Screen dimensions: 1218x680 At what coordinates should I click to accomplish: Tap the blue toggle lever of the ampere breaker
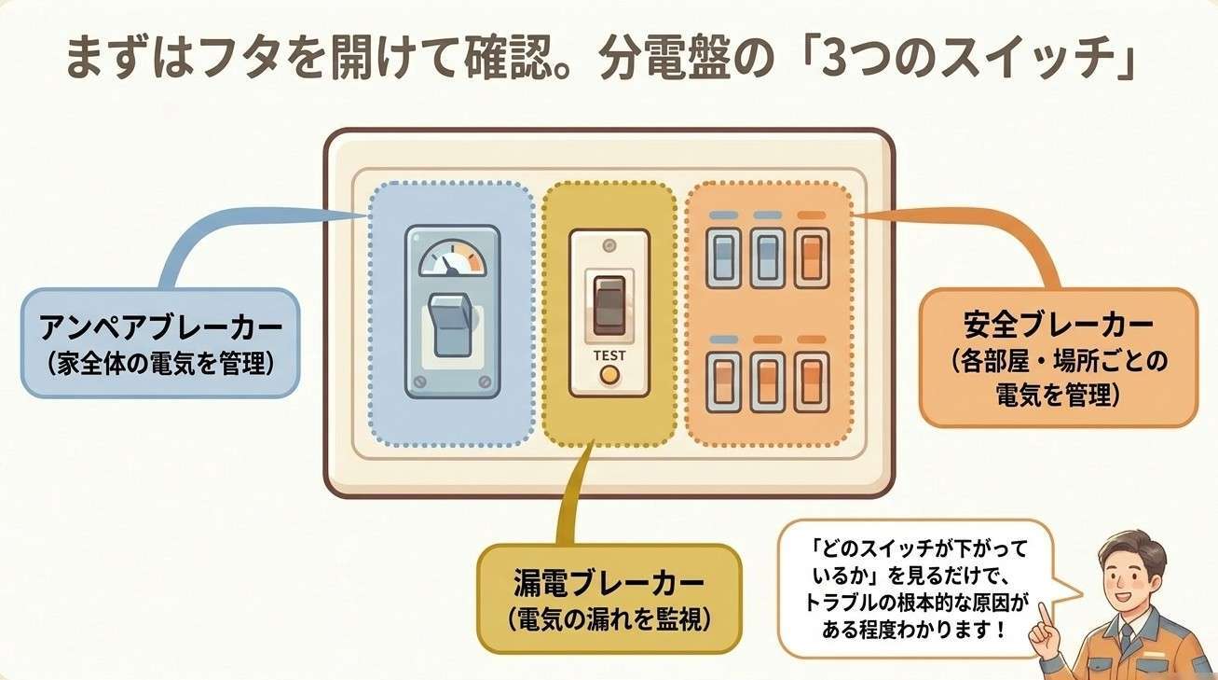tap(450, 325)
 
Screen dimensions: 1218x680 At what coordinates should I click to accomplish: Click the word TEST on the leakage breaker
tap(609, 355)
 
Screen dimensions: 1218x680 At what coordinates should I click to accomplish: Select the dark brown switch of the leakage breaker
tap(609, 305)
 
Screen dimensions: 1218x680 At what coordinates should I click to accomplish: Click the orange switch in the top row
tap(812, 258)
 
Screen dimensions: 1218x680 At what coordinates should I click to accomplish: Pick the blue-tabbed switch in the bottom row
tap(724, 382)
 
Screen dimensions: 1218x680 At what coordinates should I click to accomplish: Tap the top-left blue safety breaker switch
tap(724, 258)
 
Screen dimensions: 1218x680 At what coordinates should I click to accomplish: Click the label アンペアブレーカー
tap(161, 327)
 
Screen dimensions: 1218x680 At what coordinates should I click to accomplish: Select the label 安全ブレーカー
tap(1058, 325)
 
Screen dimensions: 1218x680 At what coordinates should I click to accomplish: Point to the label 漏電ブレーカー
tap(609, 582)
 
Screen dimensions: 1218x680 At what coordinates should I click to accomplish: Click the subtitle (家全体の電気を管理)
tap(161, 364)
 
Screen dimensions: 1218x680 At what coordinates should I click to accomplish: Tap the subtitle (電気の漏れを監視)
tap(609, 619)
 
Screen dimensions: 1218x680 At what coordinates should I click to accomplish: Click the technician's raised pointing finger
tap(1044, 617)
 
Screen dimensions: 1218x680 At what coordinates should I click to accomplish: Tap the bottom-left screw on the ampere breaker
tap(419, 382)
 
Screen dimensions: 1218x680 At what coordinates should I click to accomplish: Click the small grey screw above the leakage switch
tap(609, 245)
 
